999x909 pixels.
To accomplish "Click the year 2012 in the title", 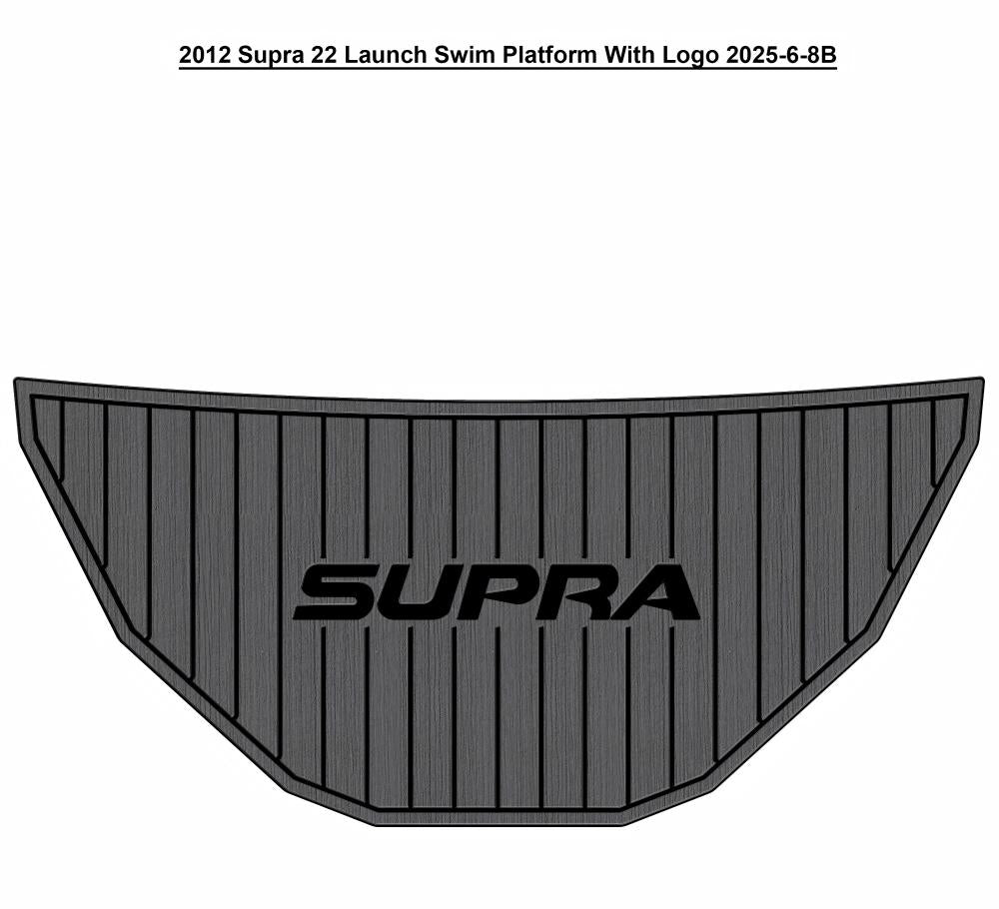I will pos(204,55).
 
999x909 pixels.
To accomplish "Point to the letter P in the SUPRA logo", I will pos(492,592).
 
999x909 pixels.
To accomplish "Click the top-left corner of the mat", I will pos(16,379).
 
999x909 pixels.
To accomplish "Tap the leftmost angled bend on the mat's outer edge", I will pos(118,639).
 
